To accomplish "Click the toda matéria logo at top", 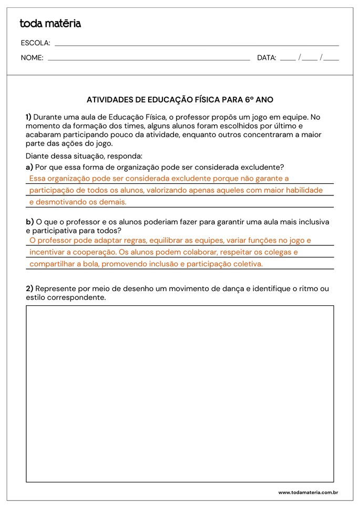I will (x=50, y=23).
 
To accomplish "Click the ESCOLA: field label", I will (x=35, y=43).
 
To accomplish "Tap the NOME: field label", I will (x=32, y=58).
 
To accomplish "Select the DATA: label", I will (x=266, y=58).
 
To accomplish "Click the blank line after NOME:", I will (x=149, y=59).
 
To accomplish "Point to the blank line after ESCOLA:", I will (x=197, y=45).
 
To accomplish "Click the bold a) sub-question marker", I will (x=29, y=167).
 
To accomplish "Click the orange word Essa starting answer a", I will (x=38, y=179).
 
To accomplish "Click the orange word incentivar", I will (x=47, y=252).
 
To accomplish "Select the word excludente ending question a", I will (x=262, y=167).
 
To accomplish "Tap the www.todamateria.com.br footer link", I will (x=307, y=492).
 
